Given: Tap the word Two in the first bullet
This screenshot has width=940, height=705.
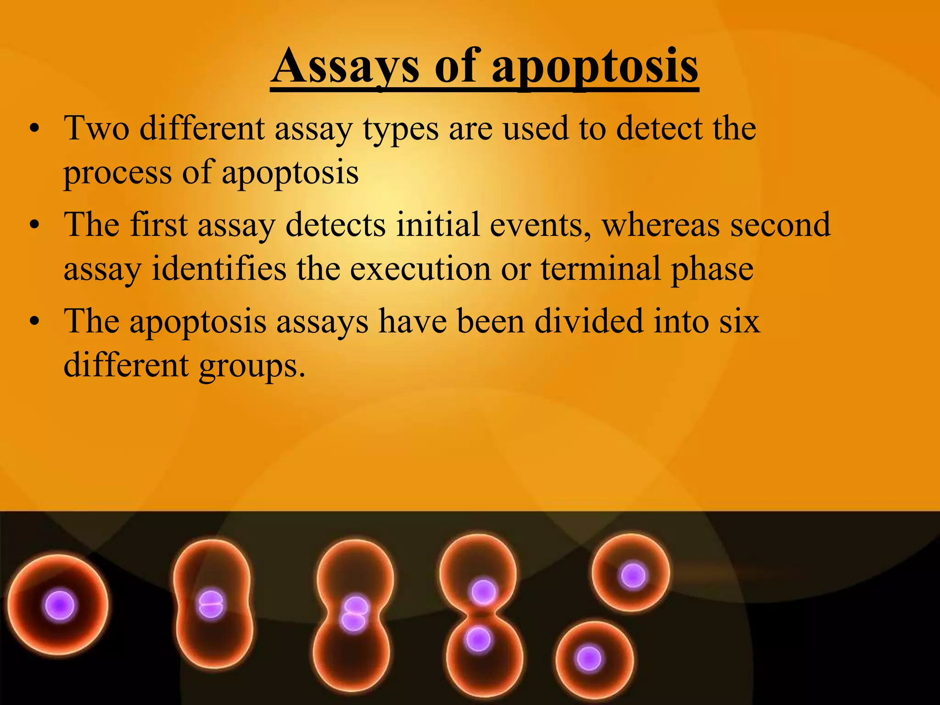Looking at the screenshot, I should click(96, 129).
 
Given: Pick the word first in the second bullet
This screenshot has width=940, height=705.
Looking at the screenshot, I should click(159, 225).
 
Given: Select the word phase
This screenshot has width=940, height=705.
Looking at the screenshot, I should click(712, 271).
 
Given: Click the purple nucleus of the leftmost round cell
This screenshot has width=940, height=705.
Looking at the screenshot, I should click(59, 606).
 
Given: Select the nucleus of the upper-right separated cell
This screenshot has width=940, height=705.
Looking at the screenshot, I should click(633, 576).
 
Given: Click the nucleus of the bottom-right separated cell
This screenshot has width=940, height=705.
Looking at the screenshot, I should click(589, 659).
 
